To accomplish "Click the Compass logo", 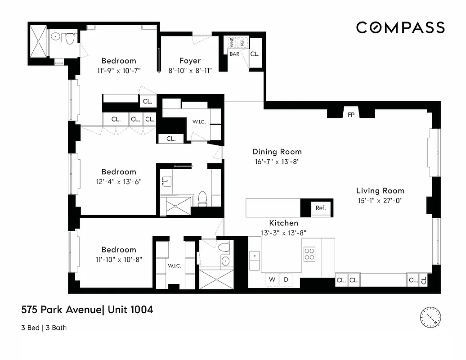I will tap(400, 27).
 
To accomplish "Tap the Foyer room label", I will tap(190, 61).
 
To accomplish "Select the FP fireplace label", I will tap(351, 115).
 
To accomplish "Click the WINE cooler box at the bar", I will tap(232, 43).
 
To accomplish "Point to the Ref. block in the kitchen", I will tap(320, 208).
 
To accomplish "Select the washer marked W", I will tap(272, 279).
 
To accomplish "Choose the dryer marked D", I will tap(286, 279).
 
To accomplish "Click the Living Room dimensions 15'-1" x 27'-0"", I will tap(380, 201).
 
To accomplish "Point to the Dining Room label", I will tap(277, 152).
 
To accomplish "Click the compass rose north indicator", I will tap(430, 318).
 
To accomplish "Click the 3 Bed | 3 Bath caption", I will tap(44, 328).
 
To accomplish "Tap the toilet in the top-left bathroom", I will tap(70, 40).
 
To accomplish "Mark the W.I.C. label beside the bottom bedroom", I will tap(175, 266).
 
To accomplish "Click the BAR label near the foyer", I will tap(235, 54).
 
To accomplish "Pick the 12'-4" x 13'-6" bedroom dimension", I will tap(119, 181).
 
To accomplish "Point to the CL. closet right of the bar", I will tap(255, 54).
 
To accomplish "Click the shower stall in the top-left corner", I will tap(38, 40).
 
